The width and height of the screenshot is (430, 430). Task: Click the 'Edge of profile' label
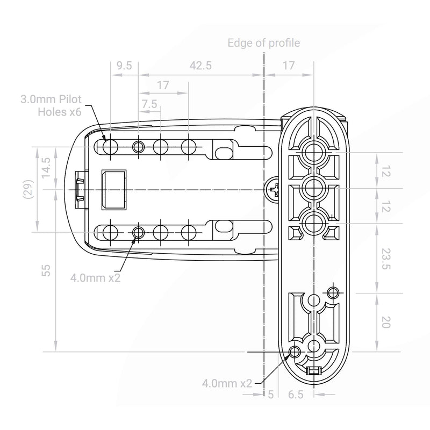click(x=264, y=43)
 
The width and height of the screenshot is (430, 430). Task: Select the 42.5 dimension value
click(x=201, y=66)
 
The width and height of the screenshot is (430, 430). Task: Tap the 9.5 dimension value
click(x=124, y=66)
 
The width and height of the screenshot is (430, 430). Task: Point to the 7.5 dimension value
click(x=150, y=103)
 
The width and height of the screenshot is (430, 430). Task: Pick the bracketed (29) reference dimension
click(x=30, y=189)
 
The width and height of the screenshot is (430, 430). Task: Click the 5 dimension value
click(x=270, y=395)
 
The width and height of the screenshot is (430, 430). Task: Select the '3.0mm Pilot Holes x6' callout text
click(x=52, y=105)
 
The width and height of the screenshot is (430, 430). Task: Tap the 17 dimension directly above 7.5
click(x=163, y=85)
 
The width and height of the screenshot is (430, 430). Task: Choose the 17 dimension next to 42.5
click(x=289, y=66)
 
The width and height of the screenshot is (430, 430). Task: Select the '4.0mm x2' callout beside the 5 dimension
click(x=227, y=383)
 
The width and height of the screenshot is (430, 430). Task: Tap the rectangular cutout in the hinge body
click(x=114, y=189)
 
